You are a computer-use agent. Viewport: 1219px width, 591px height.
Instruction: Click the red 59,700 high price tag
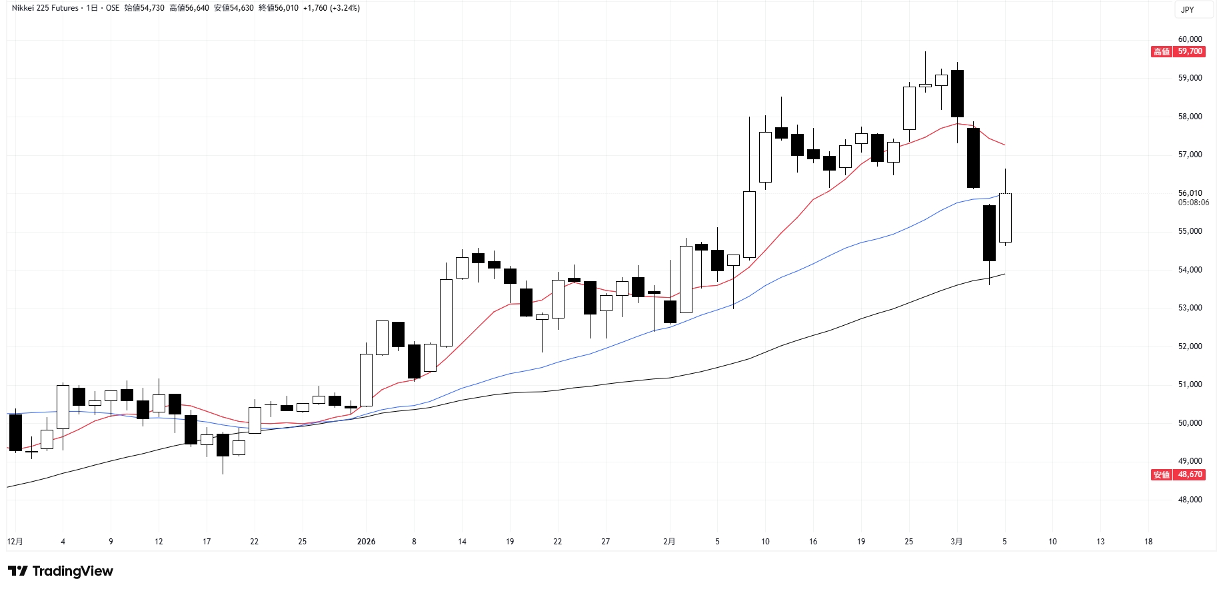(x=1190, y=51)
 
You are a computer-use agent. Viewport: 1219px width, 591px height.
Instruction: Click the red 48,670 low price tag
(x=1190, y=474)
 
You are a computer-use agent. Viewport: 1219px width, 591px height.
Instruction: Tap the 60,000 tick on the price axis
(x=1190, y=39)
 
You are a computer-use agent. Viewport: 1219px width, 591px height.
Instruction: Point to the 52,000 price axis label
(x=1190, y=346)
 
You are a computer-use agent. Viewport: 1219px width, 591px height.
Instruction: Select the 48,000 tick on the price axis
(x=1190, y=500)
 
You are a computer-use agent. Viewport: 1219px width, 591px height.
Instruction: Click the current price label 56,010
(x=1190, y=193)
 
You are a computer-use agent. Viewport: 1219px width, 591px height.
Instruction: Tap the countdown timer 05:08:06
(x=1193, y=203)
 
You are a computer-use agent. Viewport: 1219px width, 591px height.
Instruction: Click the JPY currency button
(x=1188, y=10)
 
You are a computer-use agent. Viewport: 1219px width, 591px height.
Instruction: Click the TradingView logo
(x=61, y=571)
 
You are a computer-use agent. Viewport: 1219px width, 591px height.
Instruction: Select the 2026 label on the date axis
(x=366, y=542)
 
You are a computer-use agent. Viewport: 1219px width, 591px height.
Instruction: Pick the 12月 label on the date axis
(x=15, y=542)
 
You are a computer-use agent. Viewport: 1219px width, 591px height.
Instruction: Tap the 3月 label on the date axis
(x=956, y=542)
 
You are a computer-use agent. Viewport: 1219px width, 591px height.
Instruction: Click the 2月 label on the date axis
(x=669, y=542)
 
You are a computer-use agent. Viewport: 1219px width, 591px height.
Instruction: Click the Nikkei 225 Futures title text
(x=45, y=8)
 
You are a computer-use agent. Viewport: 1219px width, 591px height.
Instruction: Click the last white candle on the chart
(x=1005, y=218)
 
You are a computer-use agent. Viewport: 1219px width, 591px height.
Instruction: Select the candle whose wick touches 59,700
(x=925, y=85)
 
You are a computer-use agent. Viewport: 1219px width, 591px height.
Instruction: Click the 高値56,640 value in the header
(x=189, y=8)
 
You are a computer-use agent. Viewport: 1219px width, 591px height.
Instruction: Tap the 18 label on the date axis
(x=1148, y=542)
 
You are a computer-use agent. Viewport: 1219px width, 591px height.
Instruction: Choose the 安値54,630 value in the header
(x=234, y=8)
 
